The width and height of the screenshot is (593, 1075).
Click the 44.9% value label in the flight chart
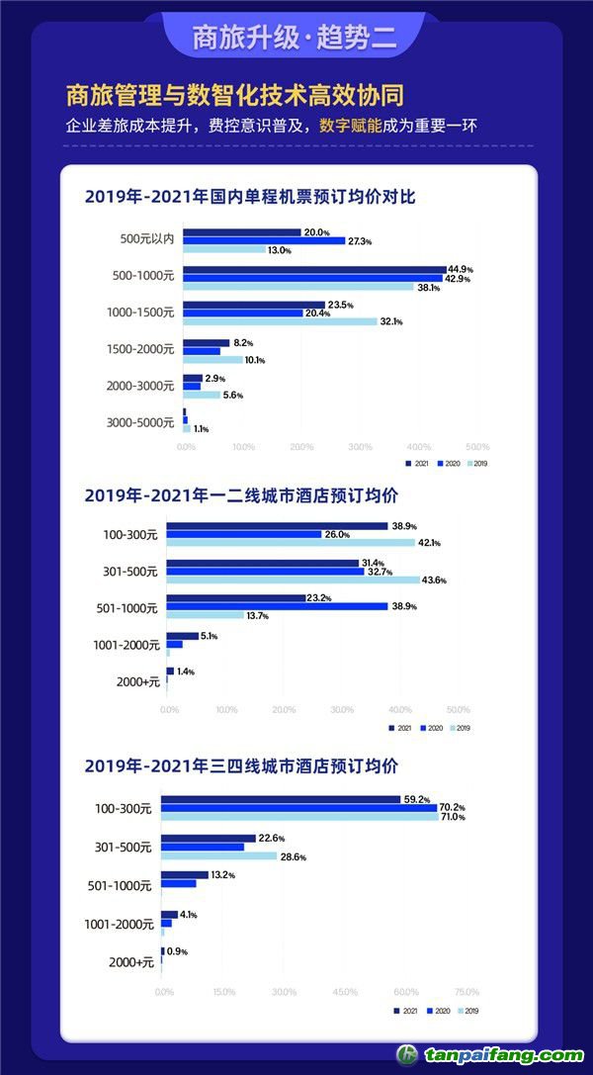click(x=461, y=269)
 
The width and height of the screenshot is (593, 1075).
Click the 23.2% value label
click(x=319, y=597)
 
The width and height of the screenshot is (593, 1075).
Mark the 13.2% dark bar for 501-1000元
click(x=185, y=874)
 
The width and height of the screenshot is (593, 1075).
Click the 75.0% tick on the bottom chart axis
click(x=466, y=991)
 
